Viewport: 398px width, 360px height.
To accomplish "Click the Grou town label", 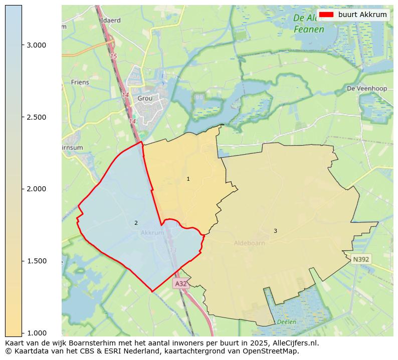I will [145, 99].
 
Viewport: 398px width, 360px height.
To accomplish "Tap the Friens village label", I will [80, 82].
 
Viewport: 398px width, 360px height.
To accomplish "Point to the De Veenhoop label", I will [367, 89].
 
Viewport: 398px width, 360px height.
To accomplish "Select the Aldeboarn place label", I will [249, 243].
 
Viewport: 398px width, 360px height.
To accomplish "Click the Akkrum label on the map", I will [152, 233].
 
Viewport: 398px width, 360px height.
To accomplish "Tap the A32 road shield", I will [181, 283].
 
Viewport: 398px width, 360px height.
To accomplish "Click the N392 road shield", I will [361, 259].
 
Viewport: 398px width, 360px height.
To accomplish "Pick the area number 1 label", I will [188, 179].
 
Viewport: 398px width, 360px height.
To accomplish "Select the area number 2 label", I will [136, 223].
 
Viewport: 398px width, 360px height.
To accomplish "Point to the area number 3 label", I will [275, 231].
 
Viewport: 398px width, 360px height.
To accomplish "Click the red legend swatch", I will [326, 15].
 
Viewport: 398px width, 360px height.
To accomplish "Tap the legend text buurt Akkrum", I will [362, 15].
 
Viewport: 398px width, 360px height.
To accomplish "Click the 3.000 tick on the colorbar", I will [36, 45].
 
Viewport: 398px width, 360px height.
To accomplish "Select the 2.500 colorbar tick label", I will [36, 117].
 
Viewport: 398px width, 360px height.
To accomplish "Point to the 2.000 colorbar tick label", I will [36, 189].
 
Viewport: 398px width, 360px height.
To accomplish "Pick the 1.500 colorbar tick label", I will [36, 261].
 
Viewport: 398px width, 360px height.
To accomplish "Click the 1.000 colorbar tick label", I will [36, 332].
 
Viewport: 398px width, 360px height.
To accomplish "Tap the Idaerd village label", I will [111, 21].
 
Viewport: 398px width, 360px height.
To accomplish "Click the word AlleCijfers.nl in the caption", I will [293, 343].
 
